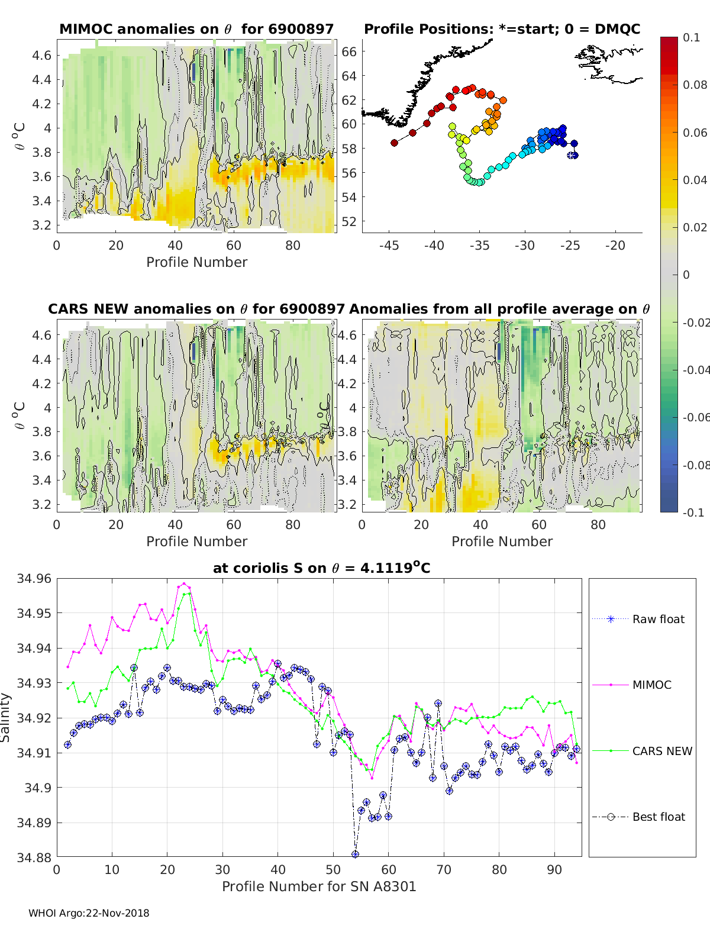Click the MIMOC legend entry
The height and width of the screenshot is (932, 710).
click(651, 685)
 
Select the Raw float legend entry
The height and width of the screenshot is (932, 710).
click(658, 619)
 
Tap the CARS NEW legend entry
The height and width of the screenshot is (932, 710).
click(661, 751)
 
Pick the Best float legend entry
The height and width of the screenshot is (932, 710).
click(658, 817)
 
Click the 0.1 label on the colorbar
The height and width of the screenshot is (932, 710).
click(691, 37)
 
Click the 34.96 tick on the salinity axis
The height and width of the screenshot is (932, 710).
click(34, 579)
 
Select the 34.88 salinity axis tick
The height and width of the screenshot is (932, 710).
click(34, 857)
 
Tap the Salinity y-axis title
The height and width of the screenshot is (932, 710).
click(6, 718)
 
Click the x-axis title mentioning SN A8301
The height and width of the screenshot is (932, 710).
click(319, 886)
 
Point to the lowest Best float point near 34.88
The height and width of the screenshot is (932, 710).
click(355, 854)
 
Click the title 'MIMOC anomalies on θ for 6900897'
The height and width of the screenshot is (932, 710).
click(196, 29)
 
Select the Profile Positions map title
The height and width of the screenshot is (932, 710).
click(502, 29)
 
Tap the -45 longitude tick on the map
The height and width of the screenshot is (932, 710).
click(388, 246)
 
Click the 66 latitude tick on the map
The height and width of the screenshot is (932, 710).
click(349, 52)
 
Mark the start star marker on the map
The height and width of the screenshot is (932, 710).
click(572, 156)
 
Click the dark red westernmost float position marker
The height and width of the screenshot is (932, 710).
click(394, 143)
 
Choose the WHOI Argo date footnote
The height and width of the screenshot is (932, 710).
click(89, 913)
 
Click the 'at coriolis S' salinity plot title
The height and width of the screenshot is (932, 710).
click(321, 568)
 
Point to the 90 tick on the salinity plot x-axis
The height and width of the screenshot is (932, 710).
click(554, 869)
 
